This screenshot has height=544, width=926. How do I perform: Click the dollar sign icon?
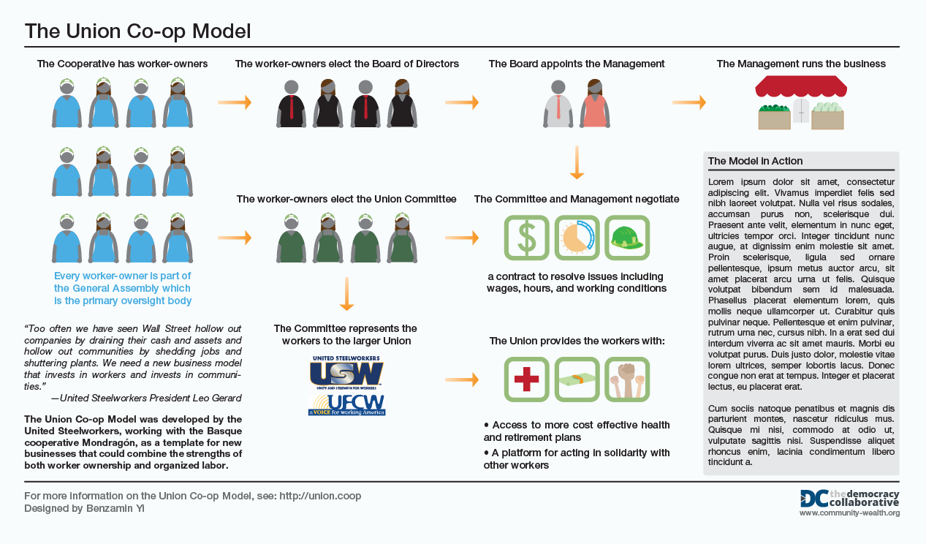tap(526, 237)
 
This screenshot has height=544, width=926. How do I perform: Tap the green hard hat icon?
tap(627, 237)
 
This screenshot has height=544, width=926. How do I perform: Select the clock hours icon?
tap(577, 237)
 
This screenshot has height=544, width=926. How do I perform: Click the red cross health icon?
tap(526, 379)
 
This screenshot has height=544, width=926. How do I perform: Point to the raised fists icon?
tap(627, 379)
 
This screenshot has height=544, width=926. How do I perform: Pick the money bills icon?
tap(577, 379)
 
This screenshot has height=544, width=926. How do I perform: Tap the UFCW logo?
tap(346, 404)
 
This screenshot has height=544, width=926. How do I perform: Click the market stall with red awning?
tap(800, 102)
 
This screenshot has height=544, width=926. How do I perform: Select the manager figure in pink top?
tap(595, 103)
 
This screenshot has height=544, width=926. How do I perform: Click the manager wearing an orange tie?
tap(558, 103)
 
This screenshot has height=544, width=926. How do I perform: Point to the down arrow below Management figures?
tap(577, 162)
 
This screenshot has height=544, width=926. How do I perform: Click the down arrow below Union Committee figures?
tap(346, 295)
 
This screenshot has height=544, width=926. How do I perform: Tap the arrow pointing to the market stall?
tap(689, 102)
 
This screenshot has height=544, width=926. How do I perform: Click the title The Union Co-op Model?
tap(138, 31)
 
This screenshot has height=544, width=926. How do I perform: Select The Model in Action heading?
tap(755, 161)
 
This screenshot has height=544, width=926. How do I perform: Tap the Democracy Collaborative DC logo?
tap(813, 498)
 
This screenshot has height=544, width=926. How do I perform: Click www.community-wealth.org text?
tap(849, 513)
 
